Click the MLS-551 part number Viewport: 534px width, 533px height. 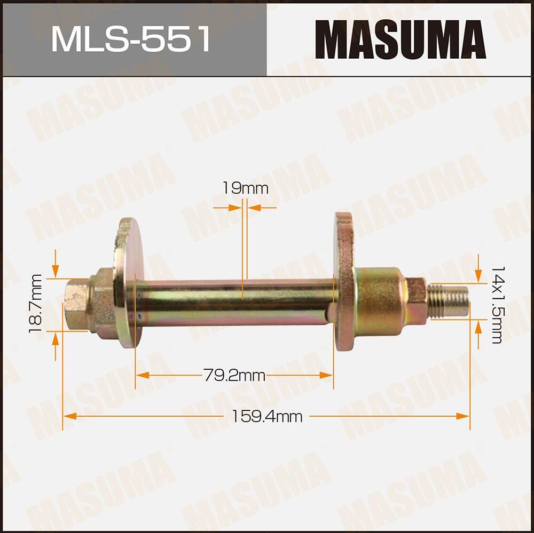(131, 40)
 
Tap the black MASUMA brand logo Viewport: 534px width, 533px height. (400, 40)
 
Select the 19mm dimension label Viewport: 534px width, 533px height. (245, 188)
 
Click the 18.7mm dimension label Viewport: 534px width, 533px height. (36, 304)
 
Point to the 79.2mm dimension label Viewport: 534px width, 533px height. (234, 376)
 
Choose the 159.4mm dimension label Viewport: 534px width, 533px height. (266, 417)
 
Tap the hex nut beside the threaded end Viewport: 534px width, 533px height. (416, 301)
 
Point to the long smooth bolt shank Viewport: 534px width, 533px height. (235, 302)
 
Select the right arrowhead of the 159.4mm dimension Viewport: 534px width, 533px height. (463, 416)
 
